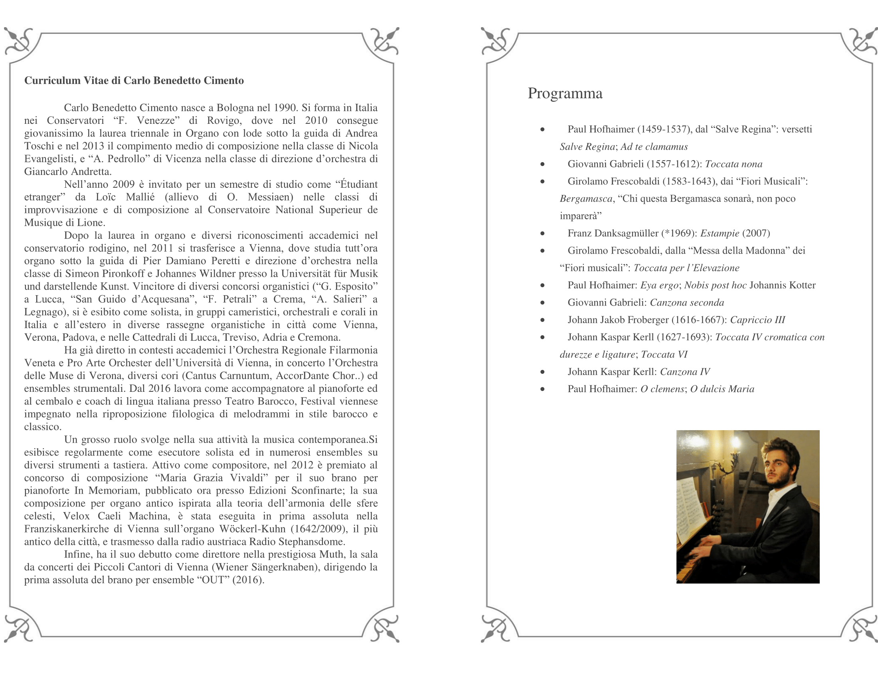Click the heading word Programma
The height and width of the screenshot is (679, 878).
pyautogui.click(x=565, y=93)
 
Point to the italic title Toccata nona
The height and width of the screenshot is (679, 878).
pyautogui.click(x=733, y=164)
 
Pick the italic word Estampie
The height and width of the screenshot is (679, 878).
pyautogui.click(x=720, y=233)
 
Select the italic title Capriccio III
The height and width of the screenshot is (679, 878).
pyautogui.click(x=757, y=320)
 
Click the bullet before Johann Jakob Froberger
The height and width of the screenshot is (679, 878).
pyautogui.click(x=542, y=320)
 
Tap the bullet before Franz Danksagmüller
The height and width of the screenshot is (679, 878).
pyautogui.click(x=542, y=234)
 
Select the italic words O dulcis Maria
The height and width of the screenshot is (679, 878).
pyautogui.click(x=722, y=389)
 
